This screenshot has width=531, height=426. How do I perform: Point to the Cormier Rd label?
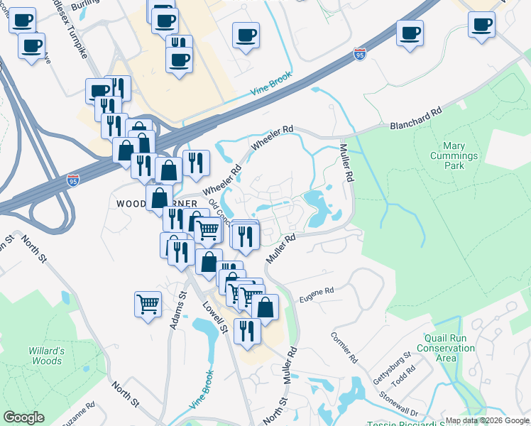click(342, 346)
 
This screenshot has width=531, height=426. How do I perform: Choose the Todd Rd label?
click(406, 373)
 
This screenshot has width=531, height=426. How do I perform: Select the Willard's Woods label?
click(46, 356)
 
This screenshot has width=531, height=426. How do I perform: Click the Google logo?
click(23, 417)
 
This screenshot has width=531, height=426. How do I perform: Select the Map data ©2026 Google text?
click(487, 420)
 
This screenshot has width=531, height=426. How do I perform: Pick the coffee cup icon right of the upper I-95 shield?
click(410, 33)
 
